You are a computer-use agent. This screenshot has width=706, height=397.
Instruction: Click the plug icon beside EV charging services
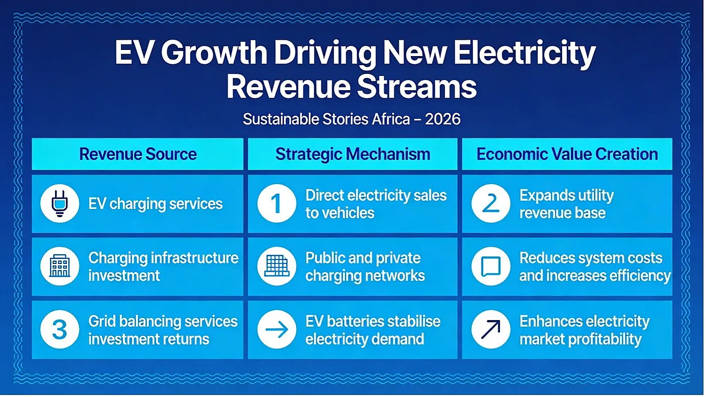pos(60,203)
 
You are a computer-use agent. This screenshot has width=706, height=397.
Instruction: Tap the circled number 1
pos(276,203)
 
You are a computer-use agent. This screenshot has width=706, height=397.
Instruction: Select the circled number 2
pos(491,203)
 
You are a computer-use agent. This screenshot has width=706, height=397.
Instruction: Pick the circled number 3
pos(60,329)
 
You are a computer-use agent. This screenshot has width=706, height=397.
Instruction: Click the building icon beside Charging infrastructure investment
pos(60,267)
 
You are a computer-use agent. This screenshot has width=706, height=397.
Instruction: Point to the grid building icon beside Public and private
pos(276,267)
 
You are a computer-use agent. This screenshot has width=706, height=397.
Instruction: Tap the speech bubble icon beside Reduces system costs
pos(491,267)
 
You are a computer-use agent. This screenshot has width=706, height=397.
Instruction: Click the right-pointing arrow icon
pos(276,329)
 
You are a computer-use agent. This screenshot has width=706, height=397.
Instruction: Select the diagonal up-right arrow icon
pos(491,329)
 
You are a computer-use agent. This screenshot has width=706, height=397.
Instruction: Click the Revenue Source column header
pos(138,154)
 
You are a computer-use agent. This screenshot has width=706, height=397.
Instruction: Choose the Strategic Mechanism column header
pos(352,154)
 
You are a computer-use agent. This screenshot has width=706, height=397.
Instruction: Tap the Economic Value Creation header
pos(567,154)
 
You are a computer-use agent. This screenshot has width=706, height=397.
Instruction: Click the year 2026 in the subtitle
pos(442,119)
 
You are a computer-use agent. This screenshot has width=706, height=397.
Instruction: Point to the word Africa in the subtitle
pos(391,119)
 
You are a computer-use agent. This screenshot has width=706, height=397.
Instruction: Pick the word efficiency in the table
pos(640,276)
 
